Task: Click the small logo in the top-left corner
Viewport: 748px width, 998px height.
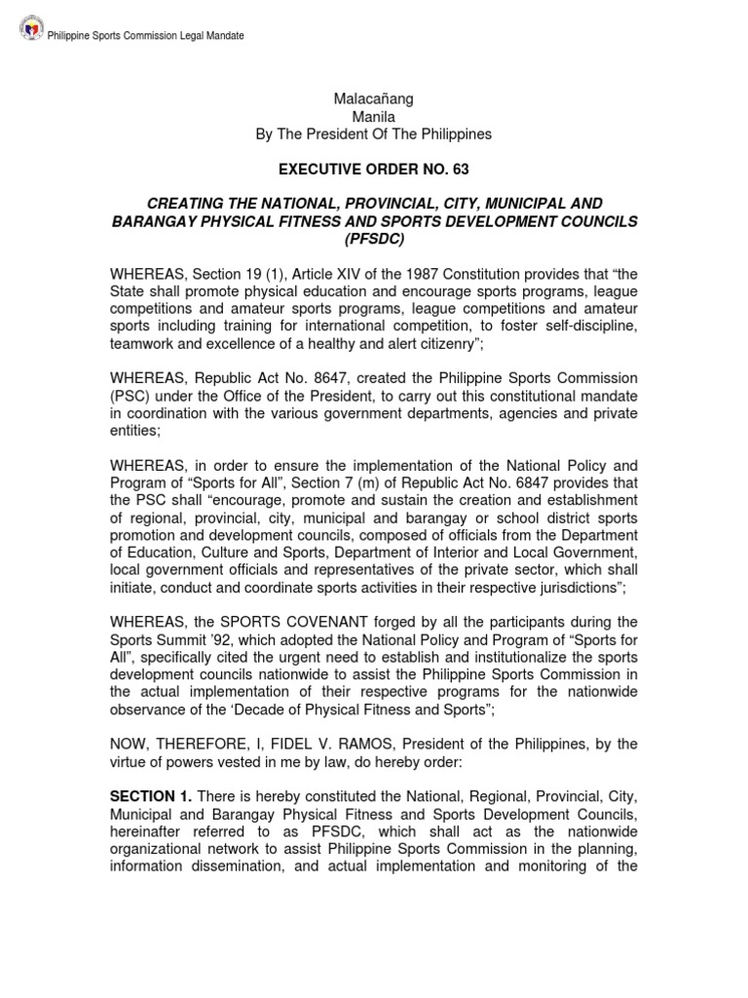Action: [31, 35]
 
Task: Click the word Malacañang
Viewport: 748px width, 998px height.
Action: [373, 98]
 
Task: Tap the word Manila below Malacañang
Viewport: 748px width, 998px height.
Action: [373, 116]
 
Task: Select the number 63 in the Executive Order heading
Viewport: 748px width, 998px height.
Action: [460, 169]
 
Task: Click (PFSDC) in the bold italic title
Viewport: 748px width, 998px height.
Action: [373, 239]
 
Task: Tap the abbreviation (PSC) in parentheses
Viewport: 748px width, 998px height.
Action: [131, 396]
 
